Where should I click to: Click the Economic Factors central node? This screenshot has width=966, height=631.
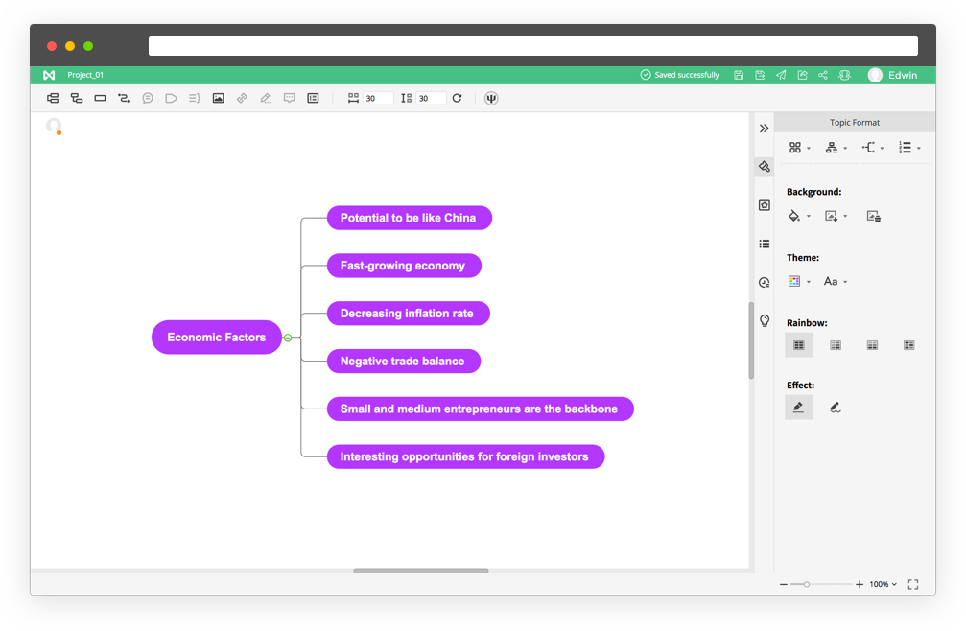[216, 338]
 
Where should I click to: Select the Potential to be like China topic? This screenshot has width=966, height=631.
[409, 218]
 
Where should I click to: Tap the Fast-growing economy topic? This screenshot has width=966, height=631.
[404, 266]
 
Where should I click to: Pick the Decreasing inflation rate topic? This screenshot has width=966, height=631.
[408, 314]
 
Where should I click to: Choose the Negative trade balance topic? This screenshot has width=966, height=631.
[404, 361]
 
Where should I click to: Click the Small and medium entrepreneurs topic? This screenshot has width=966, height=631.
[480, 409]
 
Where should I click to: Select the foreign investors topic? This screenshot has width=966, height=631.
[465, 456]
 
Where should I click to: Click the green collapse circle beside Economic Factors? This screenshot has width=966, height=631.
[288, 338]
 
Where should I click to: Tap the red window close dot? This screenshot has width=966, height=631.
[52, 46]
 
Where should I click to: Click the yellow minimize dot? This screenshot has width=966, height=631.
[70, 46]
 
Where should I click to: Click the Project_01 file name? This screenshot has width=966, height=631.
[85, 75]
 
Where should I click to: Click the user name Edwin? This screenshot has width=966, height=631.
[903, 75]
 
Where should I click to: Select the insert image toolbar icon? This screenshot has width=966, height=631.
[218, 98]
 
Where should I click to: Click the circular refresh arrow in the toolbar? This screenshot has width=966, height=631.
[458, 98]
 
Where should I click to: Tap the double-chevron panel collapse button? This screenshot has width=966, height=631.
[764, 129]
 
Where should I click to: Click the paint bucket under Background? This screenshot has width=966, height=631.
[794, 216]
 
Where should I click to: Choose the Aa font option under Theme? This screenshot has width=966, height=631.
[831, 281]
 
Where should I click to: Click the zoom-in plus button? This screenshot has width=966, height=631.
[860, 584]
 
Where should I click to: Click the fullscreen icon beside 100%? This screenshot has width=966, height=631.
[913, 584]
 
